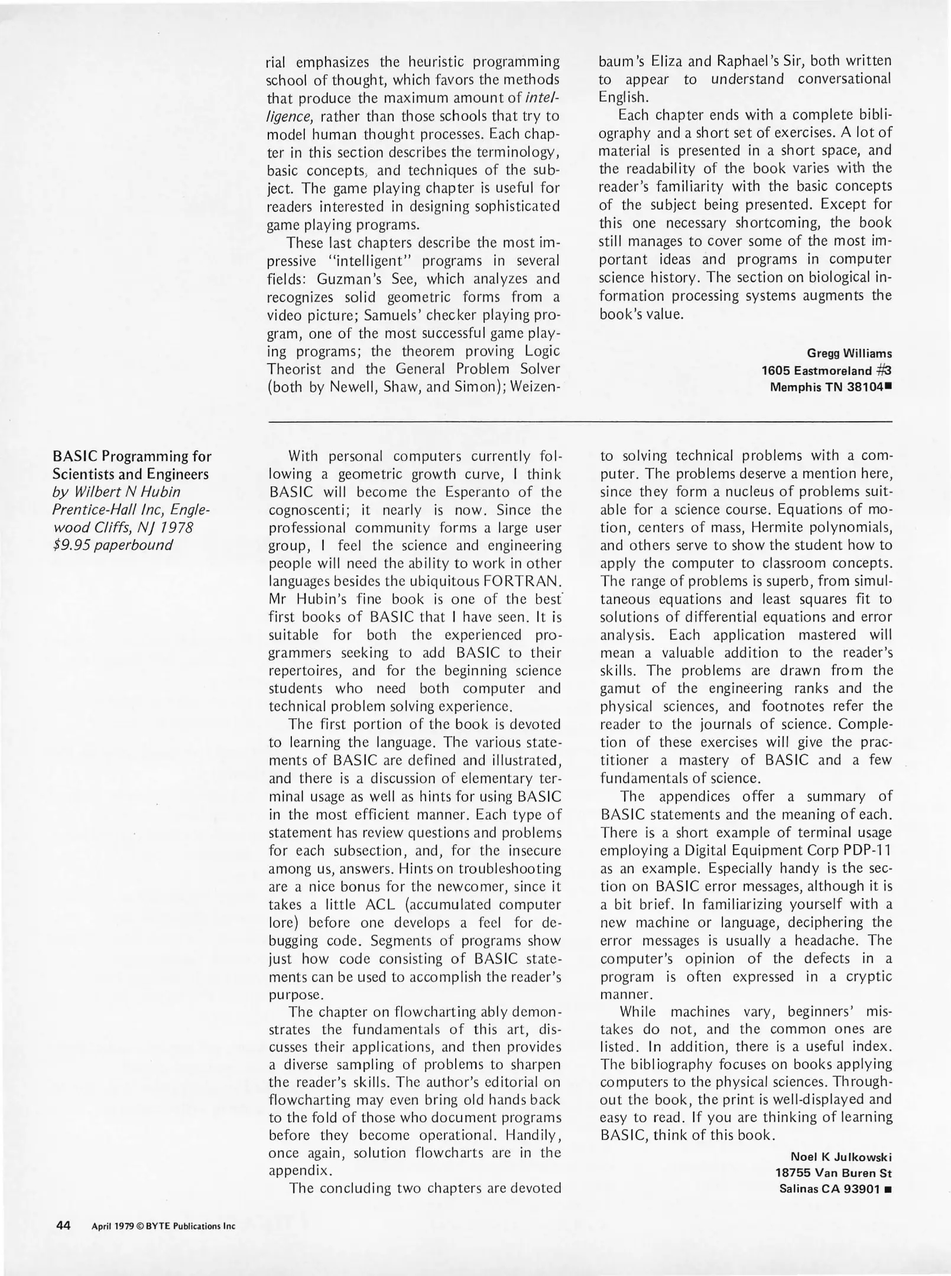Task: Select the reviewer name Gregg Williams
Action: [x=849, y=353]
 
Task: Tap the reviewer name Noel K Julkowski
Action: [x=840, y=1156]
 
